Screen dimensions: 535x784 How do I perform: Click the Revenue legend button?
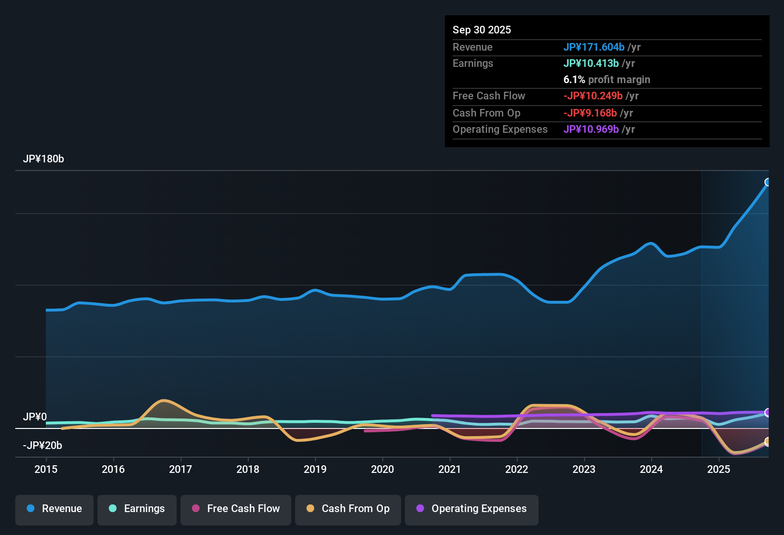(x=54, y=509)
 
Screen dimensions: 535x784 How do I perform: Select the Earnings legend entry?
(x=137, y=509)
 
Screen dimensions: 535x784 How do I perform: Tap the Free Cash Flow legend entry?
(x=236, y=509)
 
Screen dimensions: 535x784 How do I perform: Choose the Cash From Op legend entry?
(x=348, y=509)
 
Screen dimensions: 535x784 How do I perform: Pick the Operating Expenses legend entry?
(x=472, y=509)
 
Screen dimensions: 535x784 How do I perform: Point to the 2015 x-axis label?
(x=46, y=470)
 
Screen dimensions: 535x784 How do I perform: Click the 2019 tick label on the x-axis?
(x=315, y=470)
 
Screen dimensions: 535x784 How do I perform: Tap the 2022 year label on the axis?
(x=517, y=470)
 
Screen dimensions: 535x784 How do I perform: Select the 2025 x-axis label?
(x=719, y=470)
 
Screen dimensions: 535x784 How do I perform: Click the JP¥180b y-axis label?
(x=43, y=159)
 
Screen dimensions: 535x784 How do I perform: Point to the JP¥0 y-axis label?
(x=35, y=417)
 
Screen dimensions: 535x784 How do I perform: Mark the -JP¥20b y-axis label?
(x=42, y=446)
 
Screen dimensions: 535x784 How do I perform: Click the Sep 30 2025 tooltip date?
(x=482, y=30)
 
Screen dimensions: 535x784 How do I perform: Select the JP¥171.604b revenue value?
(x=594, y=47)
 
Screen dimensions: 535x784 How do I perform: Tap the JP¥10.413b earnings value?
(x=591, y=63)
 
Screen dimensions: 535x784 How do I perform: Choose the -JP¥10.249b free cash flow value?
(x=593, y=96)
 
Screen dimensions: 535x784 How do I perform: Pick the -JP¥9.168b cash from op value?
(x=590, y=113)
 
